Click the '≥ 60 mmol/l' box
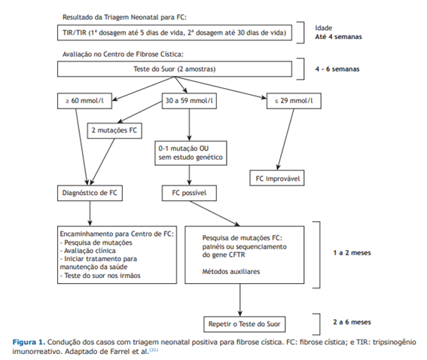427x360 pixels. [x=84, y=101]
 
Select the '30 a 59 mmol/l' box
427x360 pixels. [x=189, y=101]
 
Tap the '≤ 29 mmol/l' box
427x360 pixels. [x=294, y=101]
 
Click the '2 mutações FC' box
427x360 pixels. [x=114, y=130]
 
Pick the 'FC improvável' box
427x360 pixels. [x=277, y=178]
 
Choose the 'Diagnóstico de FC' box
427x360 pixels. [x=90, y=193]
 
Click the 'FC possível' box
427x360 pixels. [x=189, y=193]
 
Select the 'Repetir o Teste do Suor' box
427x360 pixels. [x=245, y=324]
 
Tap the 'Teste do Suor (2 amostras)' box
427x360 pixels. [x=175, y=69]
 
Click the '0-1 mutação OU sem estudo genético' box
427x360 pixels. [x=191, y=153]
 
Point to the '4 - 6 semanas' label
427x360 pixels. [x=337, y=69]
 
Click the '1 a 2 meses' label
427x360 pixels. [x=352, y=253]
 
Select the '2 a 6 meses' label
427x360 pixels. [x=352, y=322]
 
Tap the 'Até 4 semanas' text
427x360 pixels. [x=338, y=37]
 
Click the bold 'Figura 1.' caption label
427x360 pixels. [x=29, y=342]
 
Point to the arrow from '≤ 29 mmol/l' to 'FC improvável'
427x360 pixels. [x=285, y=139]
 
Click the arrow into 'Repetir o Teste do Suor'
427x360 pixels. [x=240, y=300]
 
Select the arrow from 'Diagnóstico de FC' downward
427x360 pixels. [x=90, y=213]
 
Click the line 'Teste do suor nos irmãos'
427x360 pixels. [x=100, y=276]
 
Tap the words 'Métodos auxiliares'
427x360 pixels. [x=231, y=271]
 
